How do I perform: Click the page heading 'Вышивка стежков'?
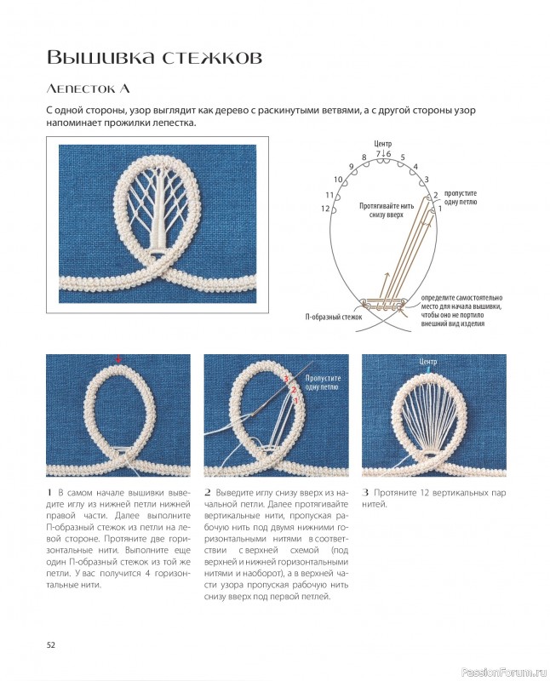tap(154, 57)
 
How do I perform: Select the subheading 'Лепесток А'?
tap(89, 89)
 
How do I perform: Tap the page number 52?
tap(51, 645)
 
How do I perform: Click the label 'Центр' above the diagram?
tap(382, 143)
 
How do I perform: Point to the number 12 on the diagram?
tap(325, 209)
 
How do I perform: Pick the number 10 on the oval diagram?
tap(338, 180)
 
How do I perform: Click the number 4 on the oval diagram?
tap(415, 167)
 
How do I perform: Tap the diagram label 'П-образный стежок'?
tap(334, 317)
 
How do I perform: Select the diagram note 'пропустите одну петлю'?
tap(461, 197)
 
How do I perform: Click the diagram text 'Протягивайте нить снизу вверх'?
tap(387, 210)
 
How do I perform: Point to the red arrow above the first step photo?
tap(118, 358)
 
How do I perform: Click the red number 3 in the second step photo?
tap(286, 379)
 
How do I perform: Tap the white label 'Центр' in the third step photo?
tap(428, 361)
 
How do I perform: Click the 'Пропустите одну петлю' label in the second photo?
tap(323, 382)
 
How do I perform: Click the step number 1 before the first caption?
tap(49, 493)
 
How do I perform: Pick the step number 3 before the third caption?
tap(365, 493)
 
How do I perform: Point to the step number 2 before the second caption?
tap(208, 493)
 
